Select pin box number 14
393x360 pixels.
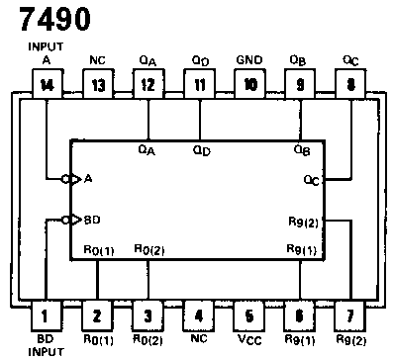(46, 85)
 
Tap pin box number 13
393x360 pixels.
(97, 85)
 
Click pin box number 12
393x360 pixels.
(147, 85)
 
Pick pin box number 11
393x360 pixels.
(199, 85)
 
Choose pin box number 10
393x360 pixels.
(249, 85)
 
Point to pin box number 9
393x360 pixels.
(300, 85)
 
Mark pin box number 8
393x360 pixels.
(350, 85)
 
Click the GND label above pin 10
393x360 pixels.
(249, 60)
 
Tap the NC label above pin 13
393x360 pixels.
(97, 60)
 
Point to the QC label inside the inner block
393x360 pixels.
(312, 181)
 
